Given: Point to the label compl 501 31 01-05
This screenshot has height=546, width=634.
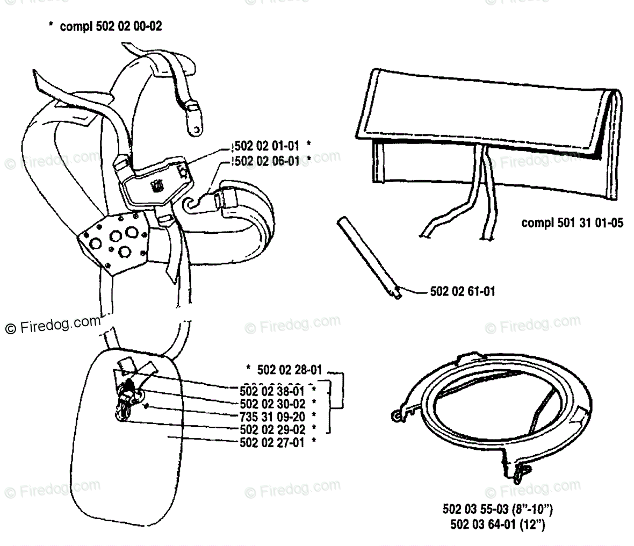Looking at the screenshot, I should click(x=572, y=222).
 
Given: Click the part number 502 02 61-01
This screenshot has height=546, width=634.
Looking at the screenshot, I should click(x=463, y=292).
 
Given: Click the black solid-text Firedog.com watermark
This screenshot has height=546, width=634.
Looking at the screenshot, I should click(x=53, y=325).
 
